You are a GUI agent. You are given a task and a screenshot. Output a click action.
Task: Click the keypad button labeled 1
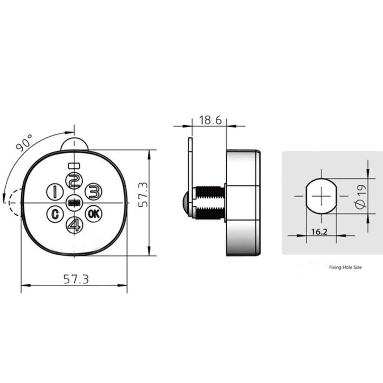[54, 192]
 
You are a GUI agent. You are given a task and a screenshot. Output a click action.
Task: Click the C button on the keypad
[54, 214]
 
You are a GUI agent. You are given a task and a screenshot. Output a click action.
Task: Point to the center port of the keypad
[74, 203]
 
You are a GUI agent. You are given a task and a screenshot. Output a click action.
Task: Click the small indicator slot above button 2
[74, 165]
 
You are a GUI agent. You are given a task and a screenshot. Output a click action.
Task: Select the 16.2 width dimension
[319, 232]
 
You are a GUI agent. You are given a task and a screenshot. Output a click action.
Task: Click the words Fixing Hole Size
[345, 268]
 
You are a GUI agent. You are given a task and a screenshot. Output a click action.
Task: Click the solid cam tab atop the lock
[74, 144]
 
